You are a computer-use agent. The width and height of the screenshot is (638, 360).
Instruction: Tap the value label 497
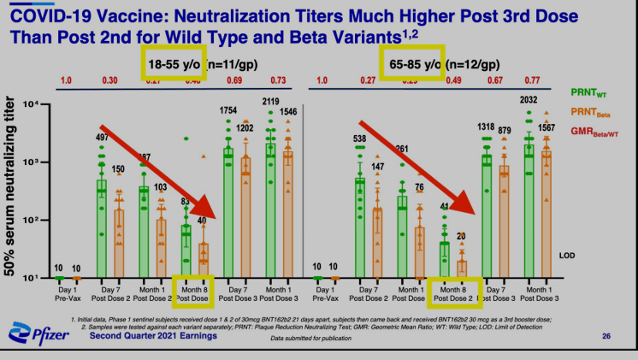103,138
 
